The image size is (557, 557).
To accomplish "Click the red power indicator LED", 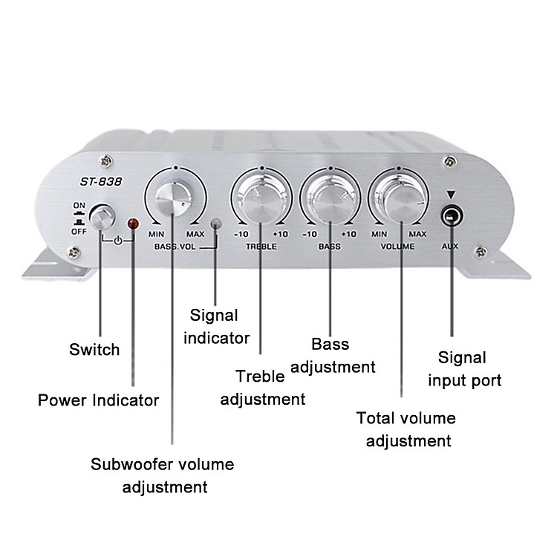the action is (134, 224).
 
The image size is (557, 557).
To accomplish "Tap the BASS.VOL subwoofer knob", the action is (174, 198).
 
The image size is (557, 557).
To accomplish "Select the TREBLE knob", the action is (262, 202).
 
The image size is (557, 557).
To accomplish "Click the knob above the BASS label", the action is (330, 202).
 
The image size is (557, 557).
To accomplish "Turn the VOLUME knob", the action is (400, 202).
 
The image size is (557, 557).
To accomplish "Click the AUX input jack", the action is (452, 216).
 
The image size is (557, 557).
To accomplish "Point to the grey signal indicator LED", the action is (216, 224).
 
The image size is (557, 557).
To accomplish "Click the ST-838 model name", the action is (101, 182).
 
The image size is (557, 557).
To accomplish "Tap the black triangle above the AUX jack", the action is (451, 195).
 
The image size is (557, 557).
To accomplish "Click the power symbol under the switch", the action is (118, 241).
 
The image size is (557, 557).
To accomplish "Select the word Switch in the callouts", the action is (94, 350).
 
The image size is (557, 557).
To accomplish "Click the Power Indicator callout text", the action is (98, 400).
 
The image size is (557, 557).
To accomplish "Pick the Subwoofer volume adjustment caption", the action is (163, 475).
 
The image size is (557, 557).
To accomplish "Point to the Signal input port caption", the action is (464, 369).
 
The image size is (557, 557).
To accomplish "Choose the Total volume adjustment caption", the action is (406, 429).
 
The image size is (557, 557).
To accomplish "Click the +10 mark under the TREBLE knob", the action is (281, 235).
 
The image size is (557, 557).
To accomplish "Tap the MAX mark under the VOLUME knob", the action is (417, 235).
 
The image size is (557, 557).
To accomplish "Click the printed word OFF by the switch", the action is (79, 232).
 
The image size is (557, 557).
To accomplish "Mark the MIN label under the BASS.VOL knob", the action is (156, 235).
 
